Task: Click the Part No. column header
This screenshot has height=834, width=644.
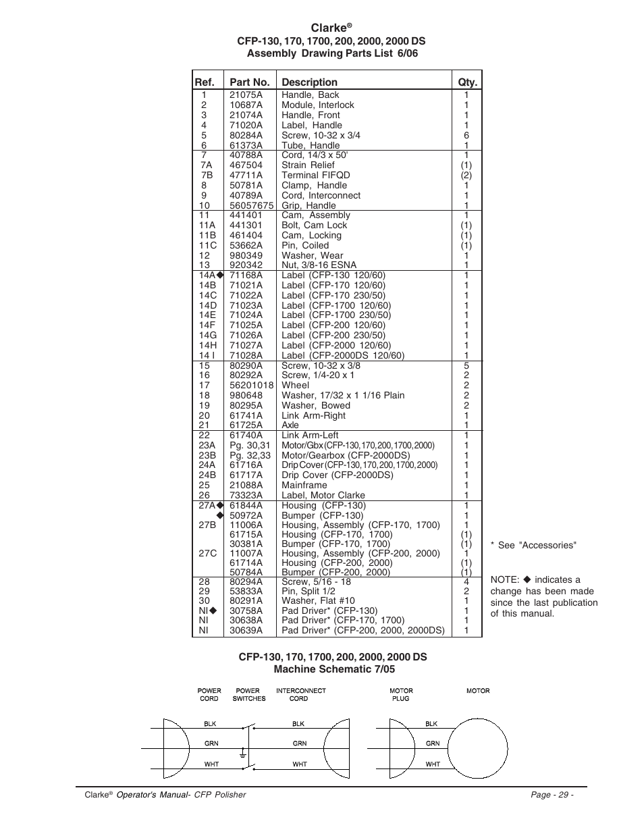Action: click(x=249, y=82)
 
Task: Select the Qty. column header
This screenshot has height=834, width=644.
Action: click(x=467, y=82)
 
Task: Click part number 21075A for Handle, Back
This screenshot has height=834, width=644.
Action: click(x=246, y=95)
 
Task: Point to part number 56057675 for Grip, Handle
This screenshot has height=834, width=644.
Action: click(x=251, y=206)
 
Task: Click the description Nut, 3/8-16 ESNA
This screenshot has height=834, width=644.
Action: click(x=319, y=265)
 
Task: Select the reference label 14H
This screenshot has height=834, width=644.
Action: click(x=207, y=346)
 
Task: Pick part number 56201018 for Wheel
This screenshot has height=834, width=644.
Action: click(x=251, y=386)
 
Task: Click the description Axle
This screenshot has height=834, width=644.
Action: click(x=290, y=425)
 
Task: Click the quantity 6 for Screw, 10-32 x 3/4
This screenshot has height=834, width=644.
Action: click(x=466, y=135)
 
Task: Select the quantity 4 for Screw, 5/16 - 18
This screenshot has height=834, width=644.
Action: click(x=466, y=581)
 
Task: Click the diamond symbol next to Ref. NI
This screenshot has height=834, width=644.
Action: click(x=213, y=611)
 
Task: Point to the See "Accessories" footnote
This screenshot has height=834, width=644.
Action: click(x=533, y=546)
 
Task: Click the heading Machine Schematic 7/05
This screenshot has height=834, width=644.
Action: click(x=333, y=669)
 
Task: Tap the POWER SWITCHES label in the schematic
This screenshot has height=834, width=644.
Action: click(x=248, y=695)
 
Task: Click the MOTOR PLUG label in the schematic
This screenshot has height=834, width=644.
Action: click(x=401, y=695)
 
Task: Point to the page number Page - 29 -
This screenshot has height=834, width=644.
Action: click(x=552, y=795)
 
